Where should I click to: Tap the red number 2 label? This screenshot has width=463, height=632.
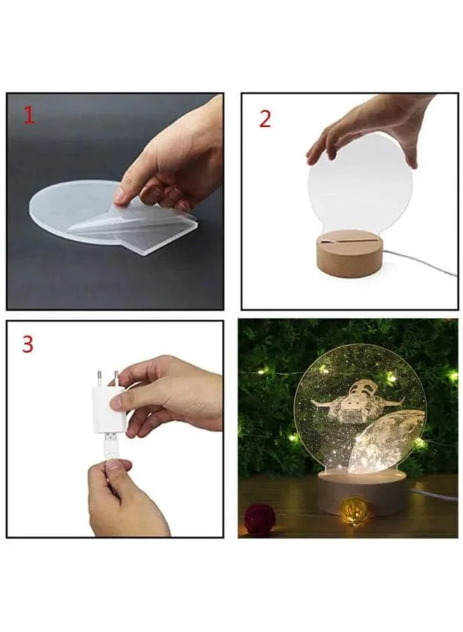pyautogui.click(x=265, y=119)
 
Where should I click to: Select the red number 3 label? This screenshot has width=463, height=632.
pyautogui.click(x=27, y=344)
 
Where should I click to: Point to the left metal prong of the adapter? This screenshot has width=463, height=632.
pyautogui.click(x=99, y=377)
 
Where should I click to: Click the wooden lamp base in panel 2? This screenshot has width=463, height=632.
pyautogui.click(x=348, y=256)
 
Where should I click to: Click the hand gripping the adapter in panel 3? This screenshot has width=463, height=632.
pyautogui.click(x=172, y=396)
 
